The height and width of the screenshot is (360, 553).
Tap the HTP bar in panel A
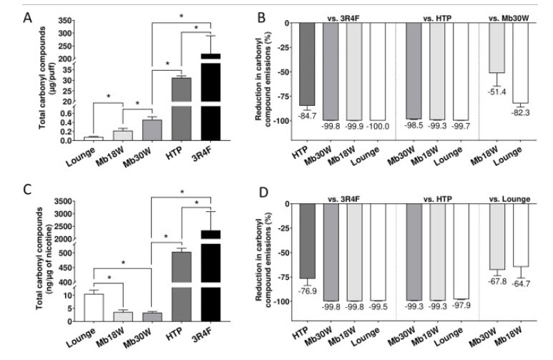(162, 107)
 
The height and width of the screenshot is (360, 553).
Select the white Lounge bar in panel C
(94, 307)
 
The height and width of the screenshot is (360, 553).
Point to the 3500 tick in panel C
(67, 201)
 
